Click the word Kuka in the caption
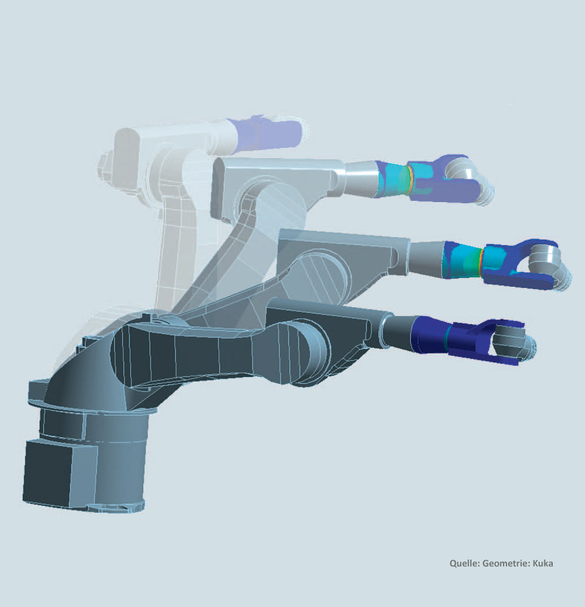(543, 564)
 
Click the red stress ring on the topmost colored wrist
(408, 180)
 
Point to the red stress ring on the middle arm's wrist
(481, 261)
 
